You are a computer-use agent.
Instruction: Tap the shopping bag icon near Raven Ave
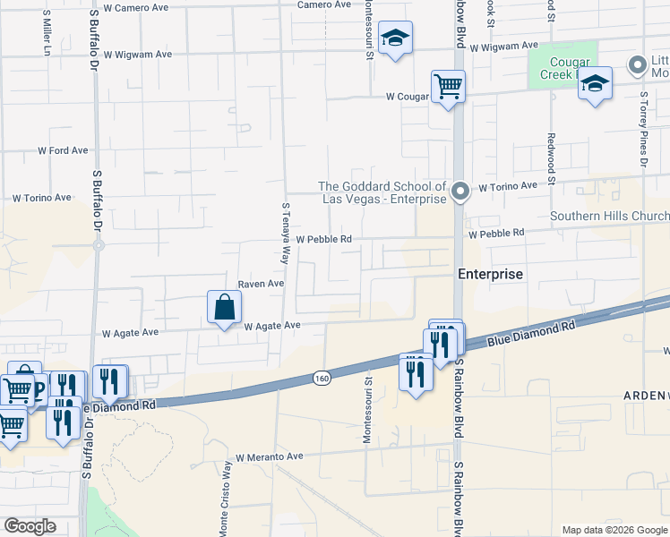pos(224,307)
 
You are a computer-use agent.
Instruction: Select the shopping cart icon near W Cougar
pos(448,87)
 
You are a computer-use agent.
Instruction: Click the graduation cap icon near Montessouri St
pos(394,38)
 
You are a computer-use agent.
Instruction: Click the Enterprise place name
pos(490,274)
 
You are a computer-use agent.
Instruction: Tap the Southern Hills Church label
pos(609,216)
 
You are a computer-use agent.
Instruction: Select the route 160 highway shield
pos(322,379)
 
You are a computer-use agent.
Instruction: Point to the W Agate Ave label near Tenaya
pos(271,327)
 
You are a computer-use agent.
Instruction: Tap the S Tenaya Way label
pos(287,232)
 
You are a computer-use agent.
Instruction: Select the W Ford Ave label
pos(63,150)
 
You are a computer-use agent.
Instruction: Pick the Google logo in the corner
pos(30,526)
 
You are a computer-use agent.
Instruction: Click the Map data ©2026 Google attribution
pos(614,530)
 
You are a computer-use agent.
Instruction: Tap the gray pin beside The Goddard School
pos(460,191)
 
